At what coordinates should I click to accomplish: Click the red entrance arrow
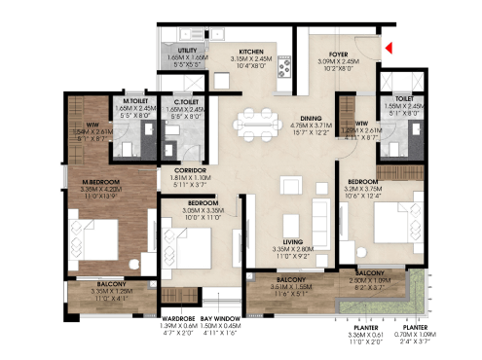click(x=388, y=46)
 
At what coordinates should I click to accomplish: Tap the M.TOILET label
click(x=134, y=101)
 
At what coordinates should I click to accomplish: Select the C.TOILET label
click(x=187, y=101)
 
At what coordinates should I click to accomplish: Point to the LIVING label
click(x=292, y=241)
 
